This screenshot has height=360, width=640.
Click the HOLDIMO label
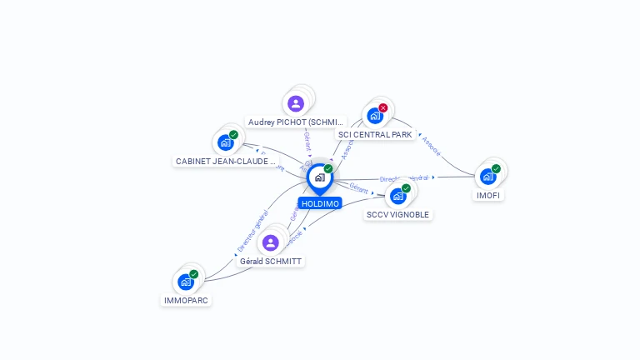(x=320, y=203)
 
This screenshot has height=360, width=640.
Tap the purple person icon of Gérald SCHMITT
(x=270, y=243)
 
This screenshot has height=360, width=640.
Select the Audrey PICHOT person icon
(x=295, y=104)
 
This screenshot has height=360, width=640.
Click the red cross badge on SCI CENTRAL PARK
(x=383, y=107)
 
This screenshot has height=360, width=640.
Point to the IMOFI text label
(x=488, y=195)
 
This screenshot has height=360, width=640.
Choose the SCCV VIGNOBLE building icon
(x=397, y=197)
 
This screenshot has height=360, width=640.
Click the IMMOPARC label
(x=186, y=300)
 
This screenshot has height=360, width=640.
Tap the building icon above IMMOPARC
(x=186, y=282)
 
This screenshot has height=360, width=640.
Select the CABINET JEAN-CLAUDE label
(x=225, y=161)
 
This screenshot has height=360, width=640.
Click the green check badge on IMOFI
(x=496, y=169)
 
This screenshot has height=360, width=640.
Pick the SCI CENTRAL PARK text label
(x=375, y=134)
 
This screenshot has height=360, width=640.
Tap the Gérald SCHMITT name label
(x=271, y=261)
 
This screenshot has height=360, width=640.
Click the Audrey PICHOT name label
(x=296, y=122)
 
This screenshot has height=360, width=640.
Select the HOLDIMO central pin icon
(x=319, y=177)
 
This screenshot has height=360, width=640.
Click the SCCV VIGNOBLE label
(x=398, y=214)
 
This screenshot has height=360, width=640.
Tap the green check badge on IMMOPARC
(x=193, y=274)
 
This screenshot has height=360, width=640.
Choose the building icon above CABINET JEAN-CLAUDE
(x=225, y=142)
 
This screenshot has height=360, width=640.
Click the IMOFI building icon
(x=487, y=177)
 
